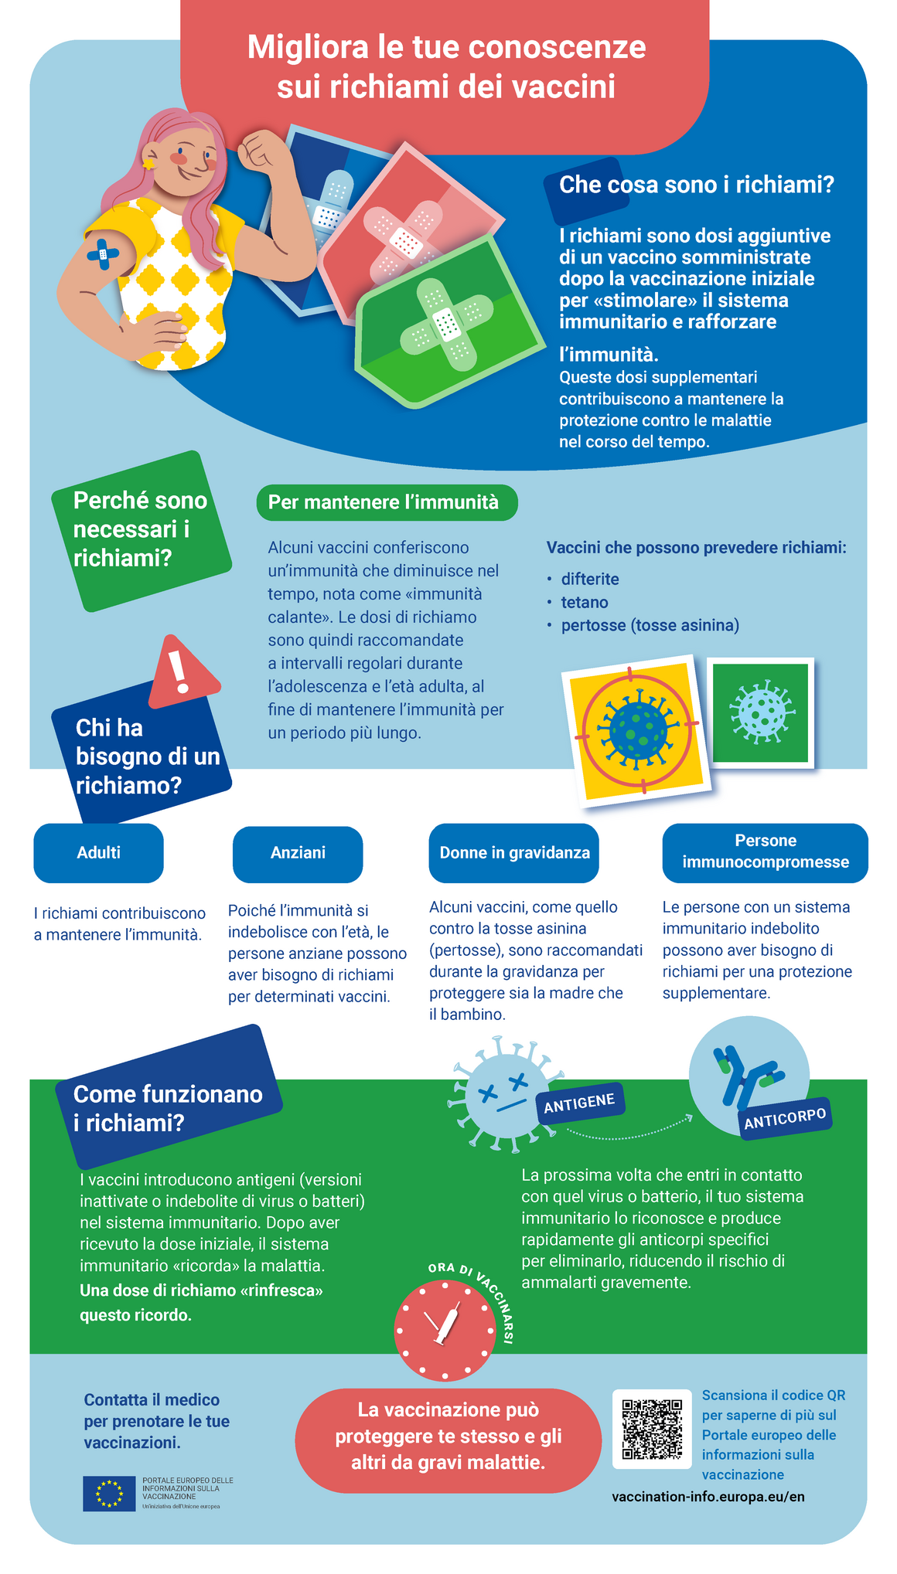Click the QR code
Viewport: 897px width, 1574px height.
[652, 1429]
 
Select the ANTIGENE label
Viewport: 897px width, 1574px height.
[579, 1103]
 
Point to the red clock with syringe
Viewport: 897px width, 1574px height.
[445, 1330]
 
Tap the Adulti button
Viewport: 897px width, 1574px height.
[98, 853]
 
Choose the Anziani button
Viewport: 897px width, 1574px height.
[298, 854]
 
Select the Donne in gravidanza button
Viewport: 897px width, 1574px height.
[514, 853]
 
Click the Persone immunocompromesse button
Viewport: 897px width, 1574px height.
[765, 852]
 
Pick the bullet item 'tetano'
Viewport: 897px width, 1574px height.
[584, 603]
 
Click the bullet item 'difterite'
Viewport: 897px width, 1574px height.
[589, 580]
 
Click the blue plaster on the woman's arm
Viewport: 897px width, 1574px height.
[103, 253]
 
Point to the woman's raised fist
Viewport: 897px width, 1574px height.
[261, 150]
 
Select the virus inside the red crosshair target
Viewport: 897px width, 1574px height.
[639, 729]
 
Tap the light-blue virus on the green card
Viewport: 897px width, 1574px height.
[761, 711]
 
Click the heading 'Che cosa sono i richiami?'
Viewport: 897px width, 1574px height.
[696, 185]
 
